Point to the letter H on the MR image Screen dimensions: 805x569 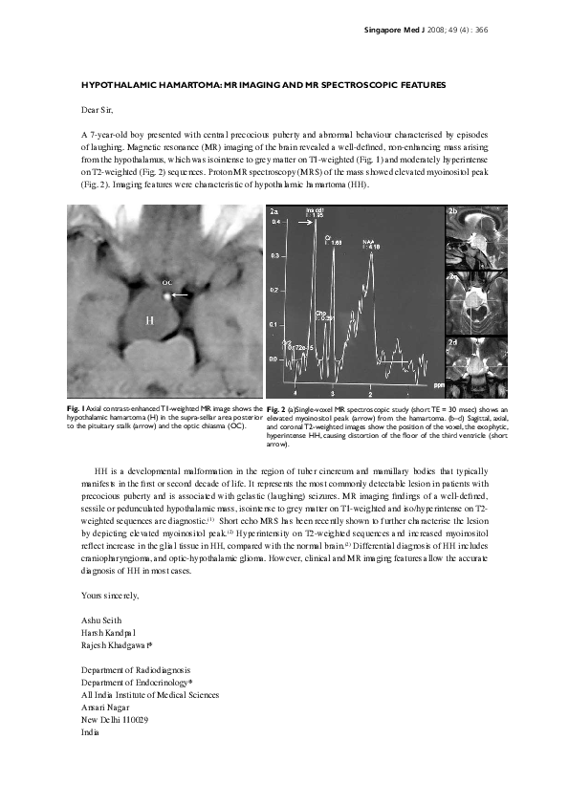(x=148, y=320)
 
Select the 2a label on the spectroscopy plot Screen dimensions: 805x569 (x=275, y=210)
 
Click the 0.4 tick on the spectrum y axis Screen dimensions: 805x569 (x=277, y=221)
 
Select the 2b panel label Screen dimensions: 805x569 (x=453, y=209)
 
